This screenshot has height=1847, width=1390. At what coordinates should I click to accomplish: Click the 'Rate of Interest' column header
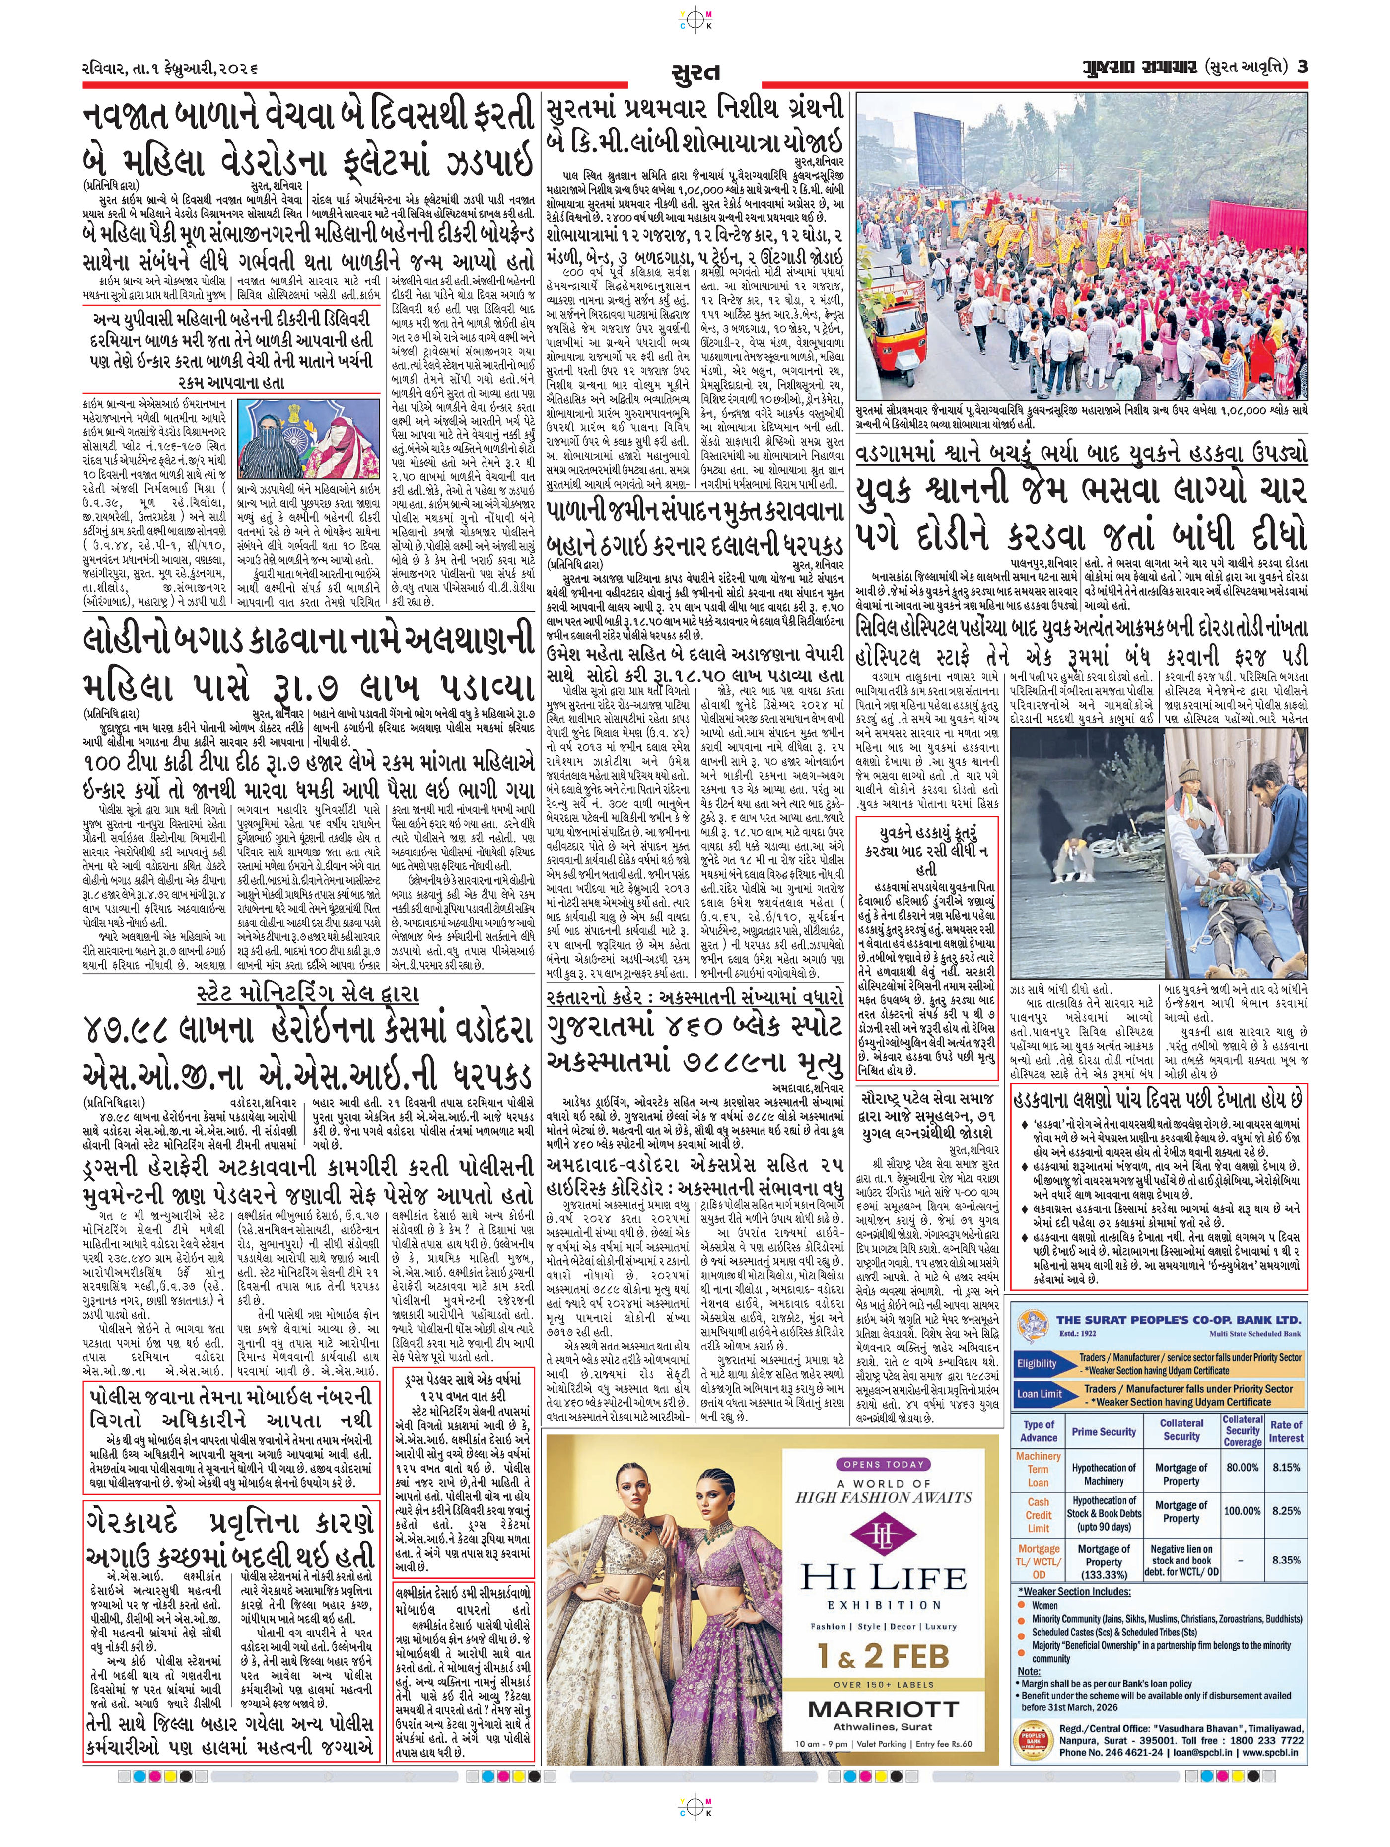[1286, 1431]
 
